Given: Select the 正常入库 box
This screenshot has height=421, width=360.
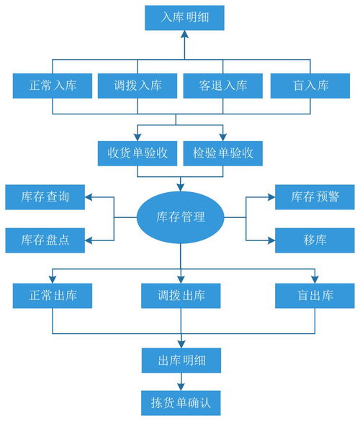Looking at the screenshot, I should (54, 86).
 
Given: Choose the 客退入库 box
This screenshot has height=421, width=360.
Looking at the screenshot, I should (223, 86).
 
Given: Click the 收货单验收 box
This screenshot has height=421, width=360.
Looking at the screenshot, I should (138, 153).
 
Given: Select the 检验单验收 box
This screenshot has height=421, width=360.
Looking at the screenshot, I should (222, 153).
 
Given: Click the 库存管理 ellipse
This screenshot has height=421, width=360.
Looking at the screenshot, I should (180, 217).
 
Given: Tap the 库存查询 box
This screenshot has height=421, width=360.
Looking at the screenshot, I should (45, 196).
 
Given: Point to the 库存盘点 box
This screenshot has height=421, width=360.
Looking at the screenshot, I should (45, 239).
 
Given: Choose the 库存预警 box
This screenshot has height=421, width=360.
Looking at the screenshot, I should (315, 196).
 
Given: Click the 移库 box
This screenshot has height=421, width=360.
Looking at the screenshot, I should (315, 239).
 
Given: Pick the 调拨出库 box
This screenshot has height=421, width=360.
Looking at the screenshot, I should (180, 295).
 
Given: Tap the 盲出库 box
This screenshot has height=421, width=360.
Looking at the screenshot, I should (315, 295).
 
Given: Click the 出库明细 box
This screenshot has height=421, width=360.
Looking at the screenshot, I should (180, 359).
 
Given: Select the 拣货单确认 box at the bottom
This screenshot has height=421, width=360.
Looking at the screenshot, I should (180, 402).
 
